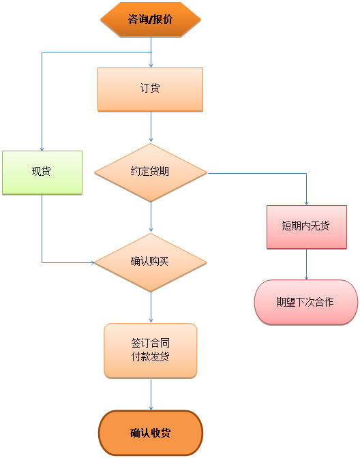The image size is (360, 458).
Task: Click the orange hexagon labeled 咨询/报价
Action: click(x=150, y=19)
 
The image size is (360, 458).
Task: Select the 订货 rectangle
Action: click(x=150, y=89)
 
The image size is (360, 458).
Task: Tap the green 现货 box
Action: click(x=42, y=172)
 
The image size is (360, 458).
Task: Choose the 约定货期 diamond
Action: click(x=150, y=172)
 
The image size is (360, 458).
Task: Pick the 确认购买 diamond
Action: click(x=150, y=262)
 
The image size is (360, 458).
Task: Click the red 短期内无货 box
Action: click(x=306, y=226)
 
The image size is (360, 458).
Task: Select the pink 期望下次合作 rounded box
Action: click(x=305, y=301)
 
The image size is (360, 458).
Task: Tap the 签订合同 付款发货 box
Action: click(x=150, y=350)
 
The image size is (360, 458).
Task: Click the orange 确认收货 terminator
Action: click(x=150, y=433)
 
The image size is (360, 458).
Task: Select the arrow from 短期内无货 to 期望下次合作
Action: click(x=306, y=264)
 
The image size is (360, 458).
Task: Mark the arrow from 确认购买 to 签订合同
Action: click(x=151, y=307)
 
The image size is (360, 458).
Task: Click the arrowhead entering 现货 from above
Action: click(x=42, y=147)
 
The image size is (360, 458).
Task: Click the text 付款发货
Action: click(x=150, y=357)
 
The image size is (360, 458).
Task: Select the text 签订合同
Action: click(x=150, y=343)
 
